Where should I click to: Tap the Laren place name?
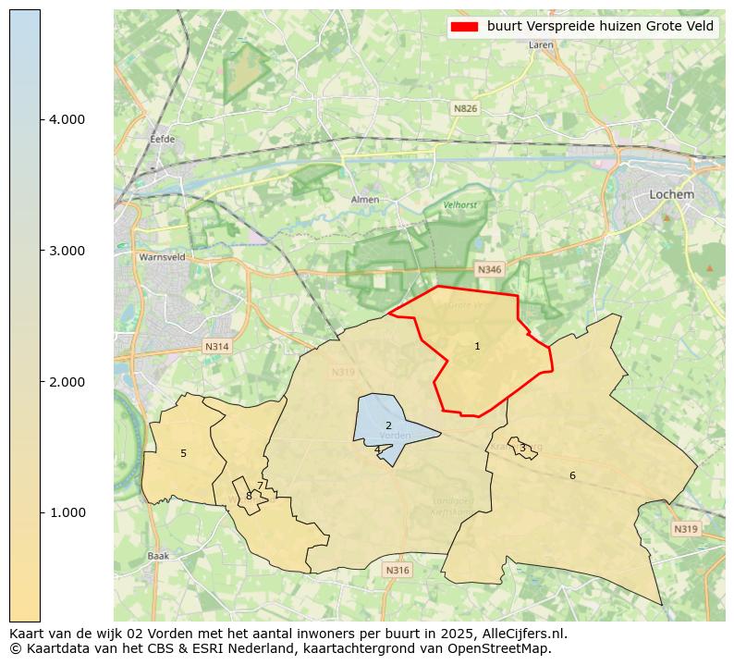pos(541,44)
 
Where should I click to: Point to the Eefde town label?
pos(162,140)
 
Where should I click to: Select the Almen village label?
pos(365,200)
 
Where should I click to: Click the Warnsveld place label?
pos(162,257)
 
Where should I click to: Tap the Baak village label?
pos(158,556)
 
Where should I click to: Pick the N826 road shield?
pos(466,109)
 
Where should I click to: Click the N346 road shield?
pos(489,269)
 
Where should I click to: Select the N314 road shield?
pos(216,347)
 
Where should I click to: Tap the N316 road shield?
pos(397,570)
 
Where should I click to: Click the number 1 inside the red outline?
pos(477,346)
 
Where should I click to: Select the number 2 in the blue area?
pos(388,425)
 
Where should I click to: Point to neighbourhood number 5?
pos(183,453)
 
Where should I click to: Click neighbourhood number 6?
pos(572,475)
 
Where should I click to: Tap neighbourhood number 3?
pos(522,448)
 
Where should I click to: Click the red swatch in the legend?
pos(464,27)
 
